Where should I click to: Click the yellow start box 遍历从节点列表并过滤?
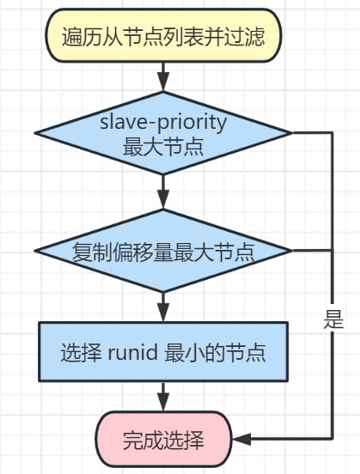click(162, 36)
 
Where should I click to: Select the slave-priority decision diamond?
click(162, 133)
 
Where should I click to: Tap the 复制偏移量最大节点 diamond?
click(162, 252)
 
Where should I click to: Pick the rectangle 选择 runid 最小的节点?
click(162, 351)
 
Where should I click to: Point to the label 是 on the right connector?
click(333, 320)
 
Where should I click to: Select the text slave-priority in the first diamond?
click(162, 121)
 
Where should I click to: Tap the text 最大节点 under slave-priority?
click(162, 145)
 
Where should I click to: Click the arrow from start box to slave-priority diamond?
click(162, 78)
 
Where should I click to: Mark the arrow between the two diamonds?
click(162, 192)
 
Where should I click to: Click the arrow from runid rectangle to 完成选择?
click(162, 396)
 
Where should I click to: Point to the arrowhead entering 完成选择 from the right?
click(241, 440)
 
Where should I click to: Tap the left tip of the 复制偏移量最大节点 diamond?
click(35, 252)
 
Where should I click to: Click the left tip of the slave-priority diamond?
click(35, 133)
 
